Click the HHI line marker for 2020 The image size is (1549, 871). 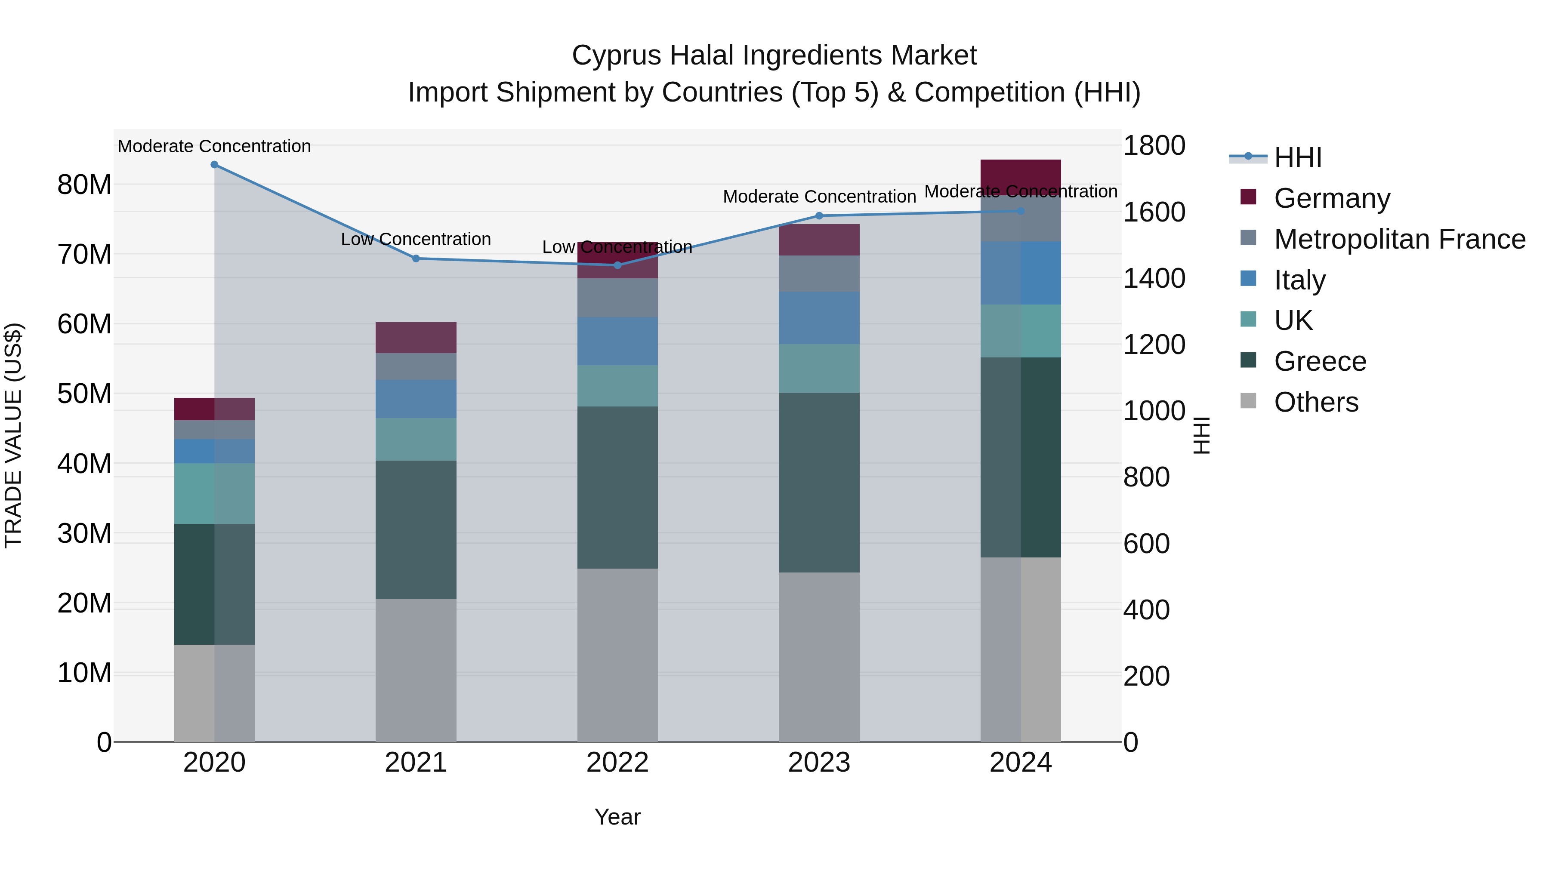point(214,165)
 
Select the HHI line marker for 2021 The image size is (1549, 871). point(416,259)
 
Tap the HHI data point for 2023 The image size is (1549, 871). point(819,216)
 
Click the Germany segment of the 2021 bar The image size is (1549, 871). point(416,338)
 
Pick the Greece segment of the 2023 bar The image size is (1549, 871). point(819,482)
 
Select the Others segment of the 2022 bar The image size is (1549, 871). point(617,655)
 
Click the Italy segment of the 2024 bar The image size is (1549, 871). point(1021,273)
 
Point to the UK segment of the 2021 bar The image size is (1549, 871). point(416,440)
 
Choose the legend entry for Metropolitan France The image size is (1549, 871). point(1399,239)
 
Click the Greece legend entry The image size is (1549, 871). point(1320,361)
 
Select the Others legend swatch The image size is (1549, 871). point(1248,401)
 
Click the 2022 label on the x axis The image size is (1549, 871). point(617,763)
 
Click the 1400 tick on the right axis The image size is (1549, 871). point(1154,278)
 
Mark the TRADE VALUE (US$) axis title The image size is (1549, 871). point(13,435)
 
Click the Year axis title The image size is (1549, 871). point(617,817)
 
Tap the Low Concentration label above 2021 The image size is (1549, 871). point(416,239)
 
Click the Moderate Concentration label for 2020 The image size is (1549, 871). point(214,146)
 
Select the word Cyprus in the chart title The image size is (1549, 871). point(616,55)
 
